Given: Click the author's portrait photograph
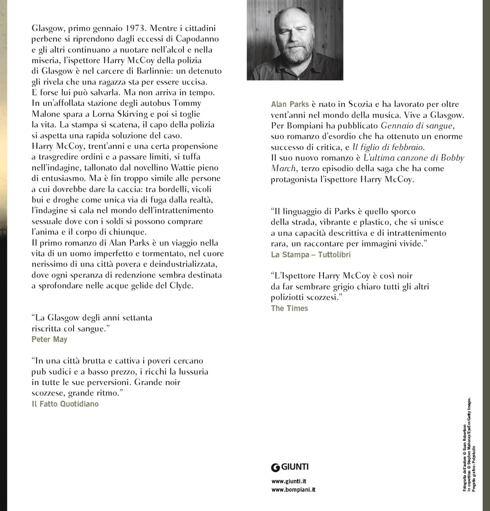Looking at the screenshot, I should click(294, 40).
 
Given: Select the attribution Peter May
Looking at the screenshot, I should click(49, 339).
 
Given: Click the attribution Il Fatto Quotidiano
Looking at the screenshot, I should click(65, 404).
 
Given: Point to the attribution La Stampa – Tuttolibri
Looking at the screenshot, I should click(311, 255).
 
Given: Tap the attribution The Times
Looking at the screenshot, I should click(289, 308).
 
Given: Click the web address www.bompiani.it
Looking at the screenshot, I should click(293, 490).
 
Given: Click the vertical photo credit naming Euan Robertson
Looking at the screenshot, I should click(465, 458).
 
